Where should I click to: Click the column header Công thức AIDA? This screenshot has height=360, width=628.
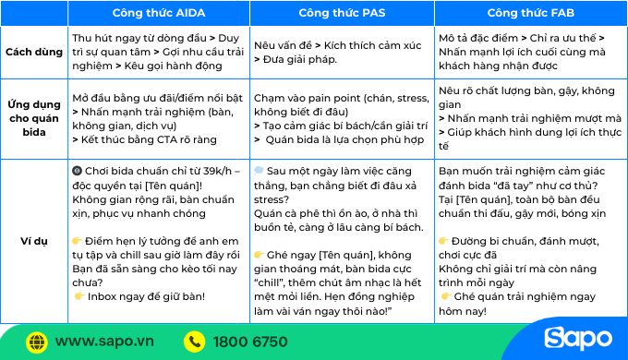point(158,13)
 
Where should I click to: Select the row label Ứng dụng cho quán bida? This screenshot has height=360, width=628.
point(34,118)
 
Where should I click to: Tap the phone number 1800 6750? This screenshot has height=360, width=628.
point(250,342)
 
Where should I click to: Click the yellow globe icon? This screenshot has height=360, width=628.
point(37,342)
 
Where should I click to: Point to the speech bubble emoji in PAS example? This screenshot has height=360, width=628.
point(259,171)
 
